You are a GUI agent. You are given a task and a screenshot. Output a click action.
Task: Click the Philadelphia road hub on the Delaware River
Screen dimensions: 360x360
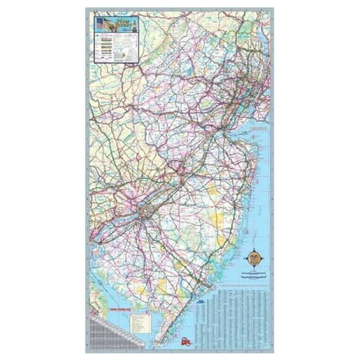tap(145, 212)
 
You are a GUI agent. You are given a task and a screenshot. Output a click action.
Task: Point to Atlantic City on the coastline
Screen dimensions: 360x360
tap(206, 284)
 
